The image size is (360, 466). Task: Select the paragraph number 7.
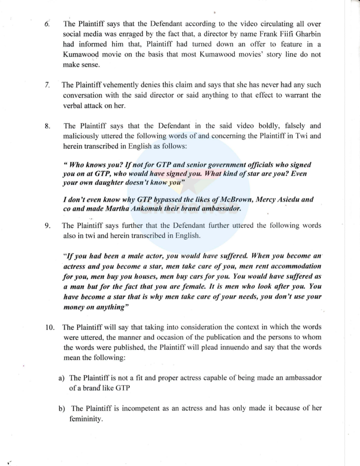[x=47, y=85]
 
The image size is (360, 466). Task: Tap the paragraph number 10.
[x=50, y=327]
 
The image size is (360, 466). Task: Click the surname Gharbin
[x=304, y=34]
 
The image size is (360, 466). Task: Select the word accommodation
[x=293, y=266]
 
